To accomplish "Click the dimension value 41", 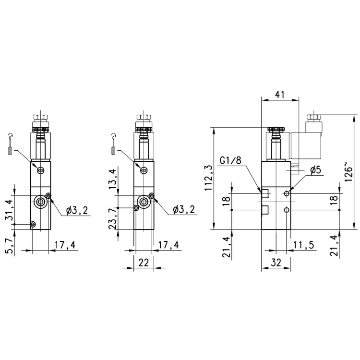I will pos(280,95).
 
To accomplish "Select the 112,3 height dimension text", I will pos(208,178).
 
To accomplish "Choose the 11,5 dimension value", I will pos(303,245).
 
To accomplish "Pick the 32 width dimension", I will pos(275,264).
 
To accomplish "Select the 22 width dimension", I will pos(144,263).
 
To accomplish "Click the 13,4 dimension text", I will pos(113,179).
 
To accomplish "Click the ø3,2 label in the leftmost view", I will pos(76,210).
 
